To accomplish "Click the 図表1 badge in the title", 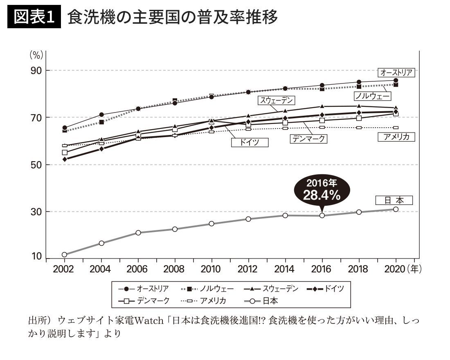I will pos(34,18).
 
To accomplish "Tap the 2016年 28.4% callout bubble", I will pos(322,191).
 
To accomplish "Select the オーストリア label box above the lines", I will pos(396,72).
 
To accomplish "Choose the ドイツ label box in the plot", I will pos(249,142).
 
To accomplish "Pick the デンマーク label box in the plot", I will pos(309,139).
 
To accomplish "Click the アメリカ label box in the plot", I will pos(396,137).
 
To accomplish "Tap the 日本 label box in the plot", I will pos(394,200).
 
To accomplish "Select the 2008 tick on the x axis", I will pos(175,269).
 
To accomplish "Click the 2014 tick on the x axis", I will pos(285,269).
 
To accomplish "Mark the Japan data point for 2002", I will pos(64,254).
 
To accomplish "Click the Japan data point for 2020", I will pos(396,209).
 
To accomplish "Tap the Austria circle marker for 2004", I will pos(101,115).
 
